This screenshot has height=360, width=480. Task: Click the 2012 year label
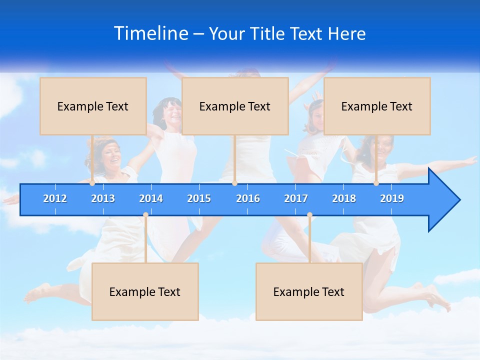coord(55,198)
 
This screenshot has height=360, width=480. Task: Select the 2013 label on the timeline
coord(103,198)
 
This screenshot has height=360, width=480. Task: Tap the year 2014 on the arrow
coord(151,198)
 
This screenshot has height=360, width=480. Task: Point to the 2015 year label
coord(199,198)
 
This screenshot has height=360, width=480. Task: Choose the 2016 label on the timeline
coord(248,198)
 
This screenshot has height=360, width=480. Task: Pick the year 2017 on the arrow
coord(296,198)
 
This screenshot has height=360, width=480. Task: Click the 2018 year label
coord(344,198)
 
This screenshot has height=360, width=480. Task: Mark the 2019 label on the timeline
coord(392,198)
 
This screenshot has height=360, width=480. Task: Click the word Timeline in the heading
coord(150,33)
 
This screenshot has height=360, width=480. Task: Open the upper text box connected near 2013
coord(93,106)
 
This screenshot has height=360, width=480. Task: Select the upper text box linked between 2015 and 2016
coord(235,106)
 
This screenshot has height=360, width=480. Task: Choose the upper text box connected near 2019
coord(377,106)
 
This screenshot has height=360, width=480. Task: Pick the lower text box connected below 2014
coord(145,291)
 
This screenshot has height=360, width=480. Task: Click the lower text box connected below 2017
coord(309,291)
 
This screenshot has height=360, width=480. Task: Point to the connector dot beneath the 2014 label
coord(145,215)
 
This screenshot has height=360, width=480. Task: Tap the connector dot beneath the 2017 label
coord(309,215)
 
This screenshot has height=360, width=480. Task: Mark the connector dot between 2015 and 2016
coord(234,183)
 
